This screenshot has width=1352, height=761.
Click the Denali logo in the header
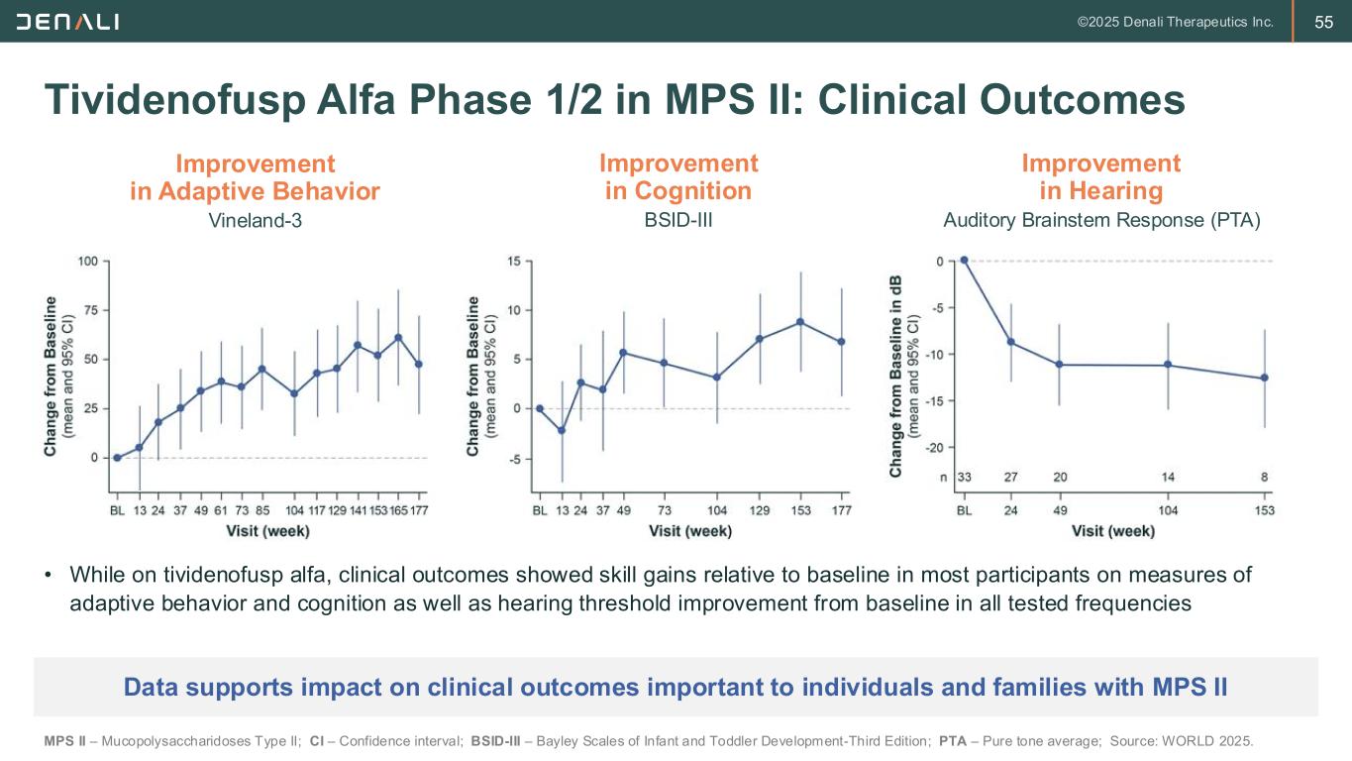point(66,21)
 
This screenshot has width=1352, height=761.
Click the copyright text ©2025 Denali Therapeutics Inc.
point(1175,22)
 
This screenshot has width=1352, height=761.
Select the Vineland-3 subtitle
point(255,221)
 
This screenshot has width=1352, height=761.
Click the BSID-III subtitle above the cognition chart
point(678,221)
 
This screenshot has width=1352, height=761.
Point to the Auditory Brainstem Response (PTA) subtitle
point(1101,221)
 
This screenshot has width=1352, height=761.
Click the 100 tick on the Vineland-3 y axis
point(88,262)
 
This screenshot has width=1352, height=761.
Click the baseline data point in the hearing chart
point(964,261)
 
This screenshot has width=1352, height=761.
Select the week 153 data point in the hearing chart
point(1264,378)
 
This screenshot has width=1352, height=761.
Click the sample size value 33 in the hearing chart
point(964,477)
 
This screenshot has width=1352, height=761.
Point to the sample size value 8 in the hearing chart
point(1265,477)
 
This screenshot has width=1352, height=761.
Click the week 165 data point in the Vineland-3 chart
point(398,337)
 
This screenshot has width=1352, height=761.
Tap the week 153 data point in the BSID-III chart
point(800,321)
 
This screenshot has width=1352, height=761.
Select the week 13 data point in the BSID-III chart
point(562,430)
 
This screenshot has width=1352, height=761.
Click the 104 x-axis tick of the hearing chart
point(1168,510)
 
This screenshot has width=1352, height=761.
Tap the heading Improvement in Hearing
point(1100,176)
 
